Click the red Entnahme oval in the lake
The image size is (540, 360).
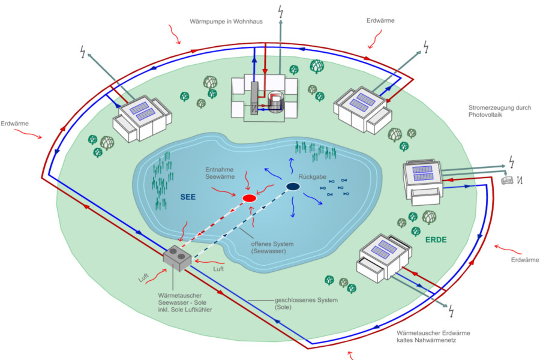pos(249,198)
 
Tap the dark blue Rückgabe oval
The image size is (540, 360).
pos(293,187)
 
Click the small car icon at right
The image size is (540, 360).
pos(508,179)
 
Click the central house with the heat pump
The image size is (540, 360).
pos(264,99)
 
